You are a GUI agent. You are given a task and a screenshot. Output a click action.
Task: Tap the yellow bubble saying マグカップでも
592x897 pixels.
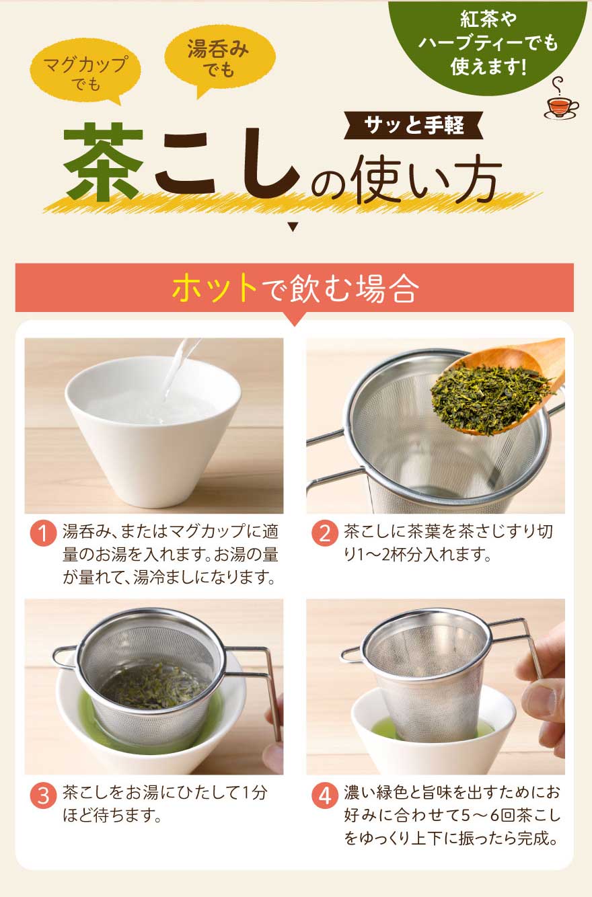(x=85, y=71)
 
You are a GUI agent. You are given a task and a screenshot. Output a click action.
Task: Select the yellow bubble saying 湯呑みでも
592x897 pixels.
(x=219, y=58)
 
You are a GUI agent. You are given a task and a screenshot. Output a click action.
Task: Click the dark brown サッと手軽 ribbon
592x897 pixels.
(x=414, y=125)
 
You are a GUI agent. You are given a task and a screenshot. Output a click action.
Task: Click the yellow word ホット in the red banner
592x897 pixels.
(x=215, y=288)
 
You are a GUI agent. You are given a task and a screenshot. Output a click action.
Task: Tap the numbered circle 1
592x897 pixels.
(x=43, y=533)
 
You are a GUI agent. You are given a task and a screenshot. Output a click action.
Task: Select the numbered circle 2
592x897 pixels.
(x=325, y=533)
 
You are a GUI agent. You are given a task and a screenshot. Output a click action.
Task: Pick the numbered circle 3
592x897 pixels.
(x=43, y=795)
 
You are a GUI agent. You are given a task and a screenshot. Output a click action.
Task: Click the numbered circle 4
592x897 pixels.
(x=325, y=795)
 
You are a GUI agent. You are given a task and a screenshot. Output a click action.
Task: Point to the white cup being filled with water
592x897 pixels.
(x=153, y=430)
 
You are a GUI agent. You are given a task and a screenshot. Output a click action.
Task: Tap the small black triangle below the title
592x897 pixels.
(x=293, y=227)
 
